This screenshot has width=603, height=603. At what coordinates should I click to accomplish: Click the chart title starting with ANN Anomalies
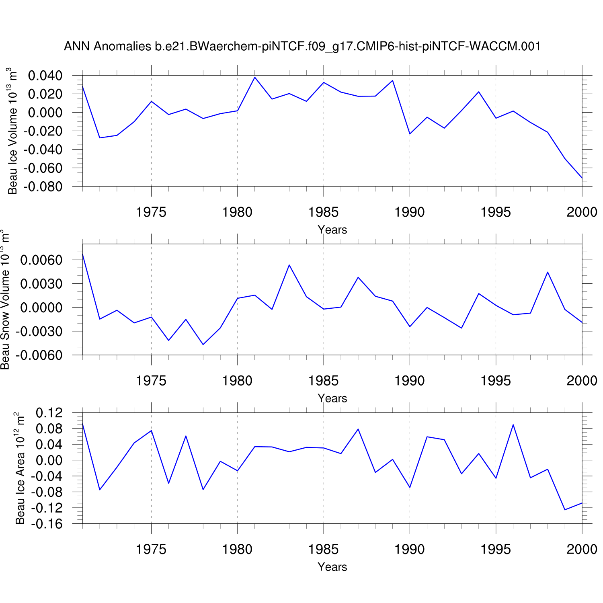point(302,47)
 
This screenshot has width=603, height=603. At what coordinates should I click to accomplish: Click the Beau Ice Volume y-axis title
point(13,131)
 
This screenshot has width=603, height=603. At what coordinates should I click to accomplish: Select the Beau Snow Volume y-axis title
point(5,299)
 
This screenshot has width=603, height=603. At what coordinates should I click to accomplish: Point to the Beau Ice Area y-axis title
point(20,468)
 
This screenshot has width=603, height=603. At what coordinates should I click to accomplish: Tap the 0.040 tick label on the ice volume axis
point(45,76)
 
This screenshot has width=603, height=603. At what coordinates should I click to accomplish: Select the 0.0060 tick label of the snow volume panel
point(41,260)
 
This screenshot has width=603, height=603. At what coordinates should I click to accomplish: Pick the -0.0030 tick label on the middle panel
point(39,332)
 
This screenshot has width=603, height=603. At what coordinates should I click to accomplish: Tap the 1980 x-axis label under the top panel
point(237,212)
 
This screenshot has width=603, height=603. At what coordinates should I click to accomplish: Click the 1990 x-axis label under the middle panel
point(409,380)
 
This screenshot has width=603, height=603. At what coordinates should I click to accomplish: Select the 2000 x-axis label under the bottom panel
point(582,549)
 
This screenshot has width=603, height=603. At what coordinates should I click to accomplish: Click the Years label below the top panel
point(332,230)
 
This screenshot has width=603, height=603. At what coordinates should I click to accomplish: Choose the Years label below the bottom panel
point(332,567)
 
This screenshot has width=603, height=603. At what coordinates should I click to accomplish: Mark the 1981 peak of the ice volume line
point(254,77)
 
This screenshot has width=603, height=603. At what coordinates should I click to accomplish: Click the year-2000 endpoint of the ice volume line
point(582,178)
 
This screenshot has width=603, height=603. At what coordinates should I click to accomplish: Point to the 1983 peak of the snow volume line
point(289,265)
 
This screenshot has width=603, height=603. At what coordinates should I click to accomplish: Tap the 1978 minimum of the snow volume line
point(203,345)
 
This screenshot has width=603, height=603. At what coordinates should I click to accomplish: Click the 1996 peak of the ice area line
point(513,425)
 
